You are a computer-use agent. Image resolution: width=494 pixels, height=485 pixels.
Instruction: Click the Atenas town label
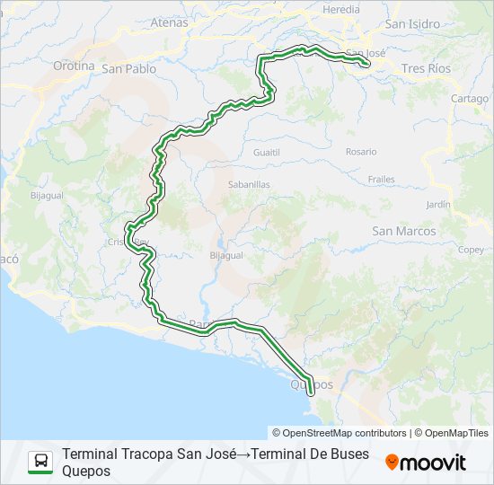[x=170, y=22]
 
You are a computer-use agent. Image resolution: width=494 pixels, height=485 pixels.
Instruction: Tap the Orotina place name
[x=74, y=66]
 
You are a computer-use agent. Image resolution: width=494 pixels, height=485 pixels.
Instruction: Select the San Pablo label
[x=128, y=68]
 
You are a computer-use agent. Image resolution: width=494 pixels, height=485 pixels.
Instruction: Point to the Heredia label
[x=340, y=9]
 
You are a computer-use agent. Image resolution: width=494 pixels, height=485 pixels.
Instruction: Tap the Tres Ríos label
[x=426, y=68]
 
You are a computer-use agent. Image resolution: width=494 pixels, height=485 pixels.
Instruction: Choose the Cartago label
[x=470, y=99]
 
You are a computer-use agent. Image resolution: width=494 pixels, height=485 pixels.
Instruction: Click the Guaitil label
[x=268, y=153]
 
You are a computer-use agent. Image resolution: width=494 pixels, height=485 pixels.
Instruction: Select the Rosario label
[x=361, y=152]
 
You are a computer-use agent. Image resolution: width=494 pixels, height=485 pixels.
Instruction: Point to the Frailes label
[x=381, y=180]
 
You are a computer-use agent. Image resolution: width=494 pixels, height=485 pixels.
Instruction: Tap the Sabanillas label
[x=249, y=184]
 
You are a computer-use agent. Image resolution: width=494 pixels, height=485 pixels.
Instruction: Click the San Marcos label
[x=404, y=231]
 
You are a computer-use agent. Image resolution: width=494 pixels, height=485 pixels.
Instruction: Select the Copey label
[x=471, y=250]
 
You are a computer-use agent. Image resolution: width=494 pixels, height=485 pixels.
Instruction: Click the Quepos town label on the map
[x=312, y=384]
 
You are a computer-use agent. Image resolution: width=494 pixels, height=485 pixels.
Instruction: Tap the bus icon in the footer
[x=40, y=462]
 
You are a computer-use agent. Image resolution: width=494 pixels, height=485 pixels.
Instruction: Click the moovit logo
[x=426, y=463]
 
